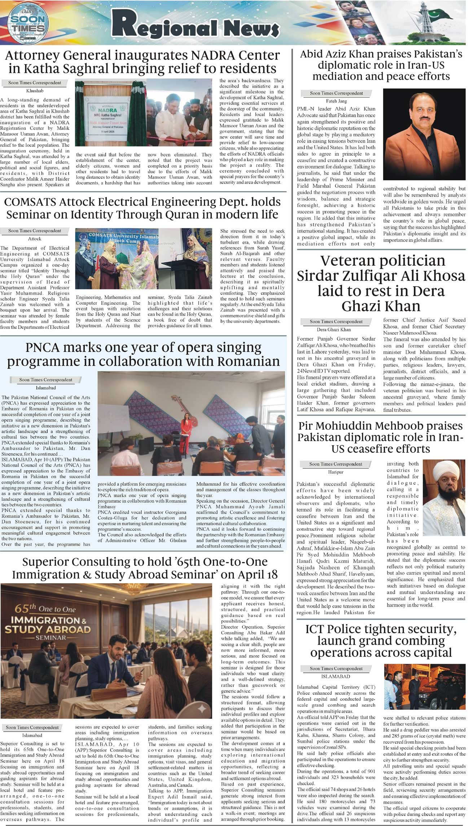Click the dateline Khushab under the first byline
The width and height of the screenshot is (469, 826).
pyautogui.click(x=35, y=91)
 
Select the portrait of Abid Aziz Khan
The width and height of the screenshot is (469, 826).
pyautogui.click(x=424, y=134)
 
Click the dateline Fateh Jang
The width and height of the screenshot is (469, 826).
pyautogui.click(x=336, y=101)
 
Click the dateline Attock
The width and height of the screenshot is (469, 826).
pyautogui.click(x=35, y=239)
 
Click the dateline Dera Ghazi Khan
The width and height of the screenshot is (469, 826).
pyautogui.click(x=336, y=330)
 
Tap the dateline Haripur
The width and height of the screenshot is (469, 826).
pyautogui.click(x=336, y=472)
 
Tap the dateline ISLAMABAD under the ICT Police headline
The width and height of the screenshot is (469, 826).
pyautogui.click(x=336, y=676)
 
